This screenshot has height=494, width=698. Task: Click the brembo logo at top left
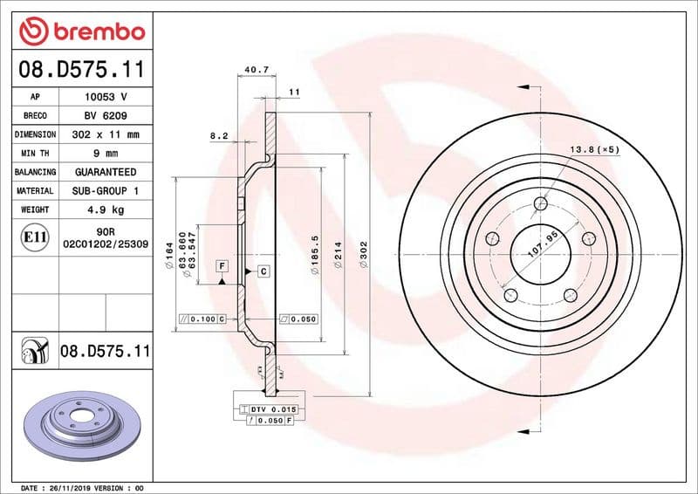(x=81, y=31)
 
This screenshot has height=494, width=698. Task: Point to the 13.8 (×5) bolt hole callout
(x=594, y=149)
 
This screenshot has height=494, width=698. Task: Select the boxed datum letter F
(x=222, y=264)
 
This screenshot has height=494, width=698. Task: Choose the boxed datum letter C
(x=263, y=271)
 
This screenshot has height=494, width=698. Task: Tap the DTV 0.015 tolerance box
(x=274, y=409)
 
